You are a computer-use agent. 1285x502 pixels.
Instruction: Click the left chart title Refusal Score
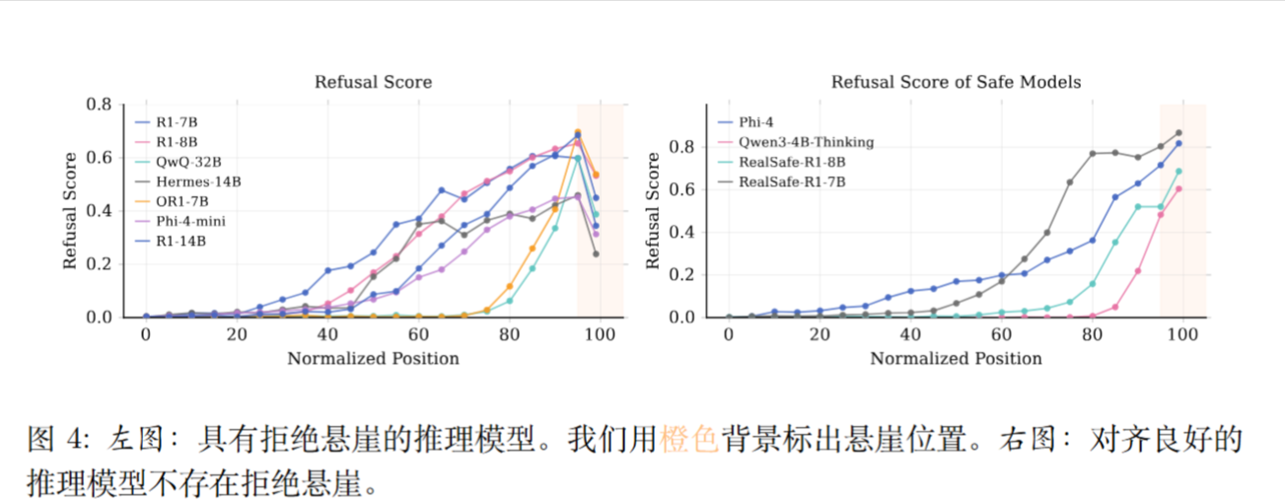[373, 82]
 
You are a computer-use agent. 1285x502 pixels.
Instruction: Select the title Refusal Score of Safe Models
[956, 82]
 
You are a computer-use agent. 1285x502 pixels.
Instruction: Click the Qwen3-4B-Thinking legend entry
[806, 142]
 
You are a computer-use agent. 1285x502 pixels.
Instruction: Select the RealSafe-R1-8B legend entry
[792, 162]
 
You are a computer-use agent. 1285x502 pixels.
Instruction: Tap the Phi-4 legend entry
[759, 122]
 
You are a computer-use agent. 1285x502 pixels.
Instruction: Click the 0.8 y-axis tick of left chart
[99, 105]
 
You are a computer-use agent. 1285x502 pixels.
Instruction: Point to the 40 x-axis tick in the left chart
[327, 335]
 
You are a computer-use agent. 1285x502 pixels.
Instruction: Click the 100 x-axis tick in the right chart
[1182, 335]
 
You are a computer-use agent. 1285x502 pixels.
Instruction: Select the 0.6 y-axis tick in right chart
[681, 189]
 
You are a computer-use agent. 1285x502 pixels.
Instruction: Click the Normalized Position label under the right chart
[956, 358]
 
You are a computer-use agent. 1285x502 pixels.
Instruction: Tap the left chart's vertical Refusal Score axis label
[70, 210]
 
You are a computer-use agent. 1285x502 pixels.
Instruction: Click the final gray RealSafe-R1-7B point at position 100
[1178, 133]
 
